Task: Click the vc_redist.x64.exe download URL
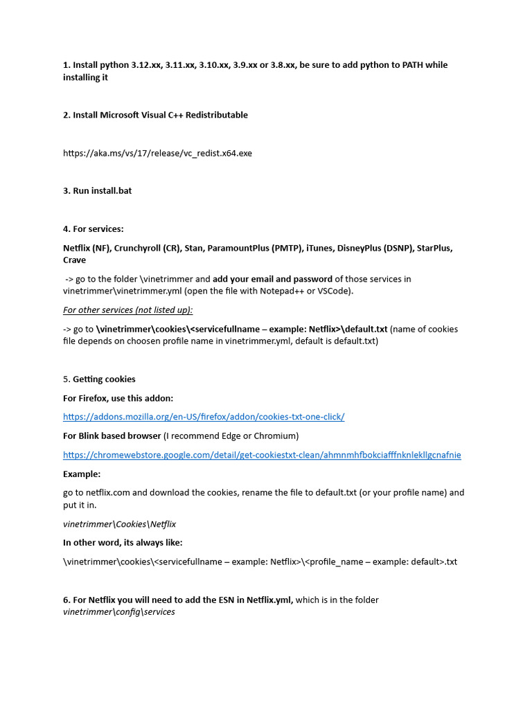tap(157, 153)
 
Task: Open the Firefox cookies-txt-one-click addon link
tap(204, 417)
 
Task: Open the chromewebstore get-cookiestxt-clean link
tap(262, 455)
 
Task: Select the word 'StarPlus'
tap(434, 248)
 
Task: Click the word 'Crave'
tap(75, 260)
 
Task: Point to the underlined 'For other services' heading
tap(128, 310)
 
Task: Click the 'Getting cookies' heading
tap(104, 379)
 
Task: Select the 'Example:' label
tap(82, 474)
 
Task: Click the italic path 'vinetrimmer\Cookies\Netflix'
tap(119, 524)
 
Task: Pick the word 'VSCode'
tap(335, 291)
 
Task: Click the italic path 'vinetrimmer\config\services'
tap(118, 612)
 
